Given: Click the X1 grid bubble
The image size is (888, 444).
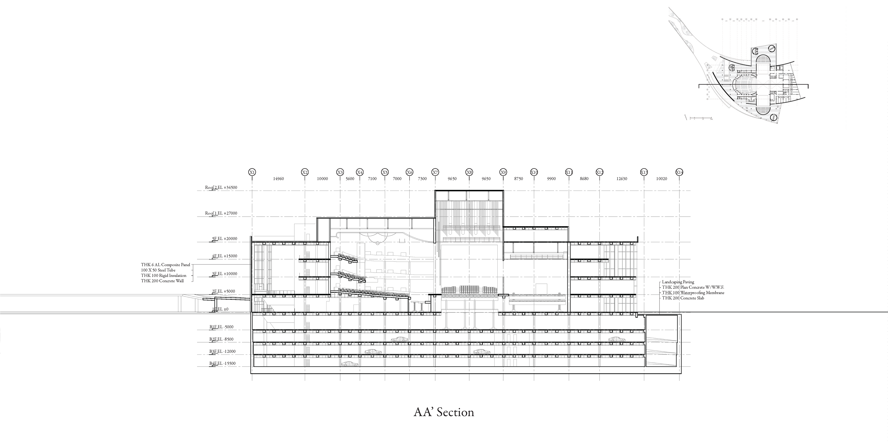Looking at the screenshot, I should tap(252, 172).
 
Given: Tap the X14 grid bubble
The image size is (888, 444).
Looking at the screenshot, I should tap(679, 172).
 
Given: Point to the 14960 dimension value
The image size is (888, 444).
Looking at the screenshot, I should tap(278, 179).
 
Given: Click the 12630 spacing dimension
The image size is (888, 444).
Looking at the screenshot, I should tap(622, 179).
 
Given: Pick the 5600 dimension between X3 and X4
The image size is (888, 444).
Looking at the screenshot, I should tap(350, 179).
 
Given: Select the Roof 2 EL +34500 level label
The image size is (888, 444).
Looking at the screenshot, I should tap(221, 188).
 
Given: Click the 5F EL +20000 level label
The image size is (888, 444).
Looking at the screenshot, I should tap(224, 239).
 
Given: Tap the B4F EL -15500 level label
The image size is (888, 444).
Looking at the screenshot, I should tap(222, 363).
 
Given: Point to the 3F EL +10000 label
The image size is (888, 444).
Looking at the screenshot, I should tap(224, 274).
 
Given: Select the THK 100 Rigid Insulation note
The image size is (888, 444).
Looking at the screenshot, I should tap(163, 275).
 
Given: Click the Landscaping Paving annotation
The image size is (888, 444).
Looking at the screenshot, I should tap(678, 282).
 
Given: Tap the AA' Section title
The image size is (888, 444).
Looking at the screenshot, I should tap(444, 412).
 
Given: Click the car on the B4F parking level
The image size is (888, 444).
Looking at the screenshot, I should tap(349, 364).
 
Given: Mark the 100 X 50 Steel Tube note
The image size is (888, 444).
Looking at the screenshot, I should tap(158, 270).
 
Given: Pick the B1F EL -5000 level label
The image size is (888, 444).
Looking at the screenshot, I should tap(221, 327).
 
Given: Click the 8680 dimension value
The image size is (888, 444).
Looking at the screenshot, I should tap(584, 179).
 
